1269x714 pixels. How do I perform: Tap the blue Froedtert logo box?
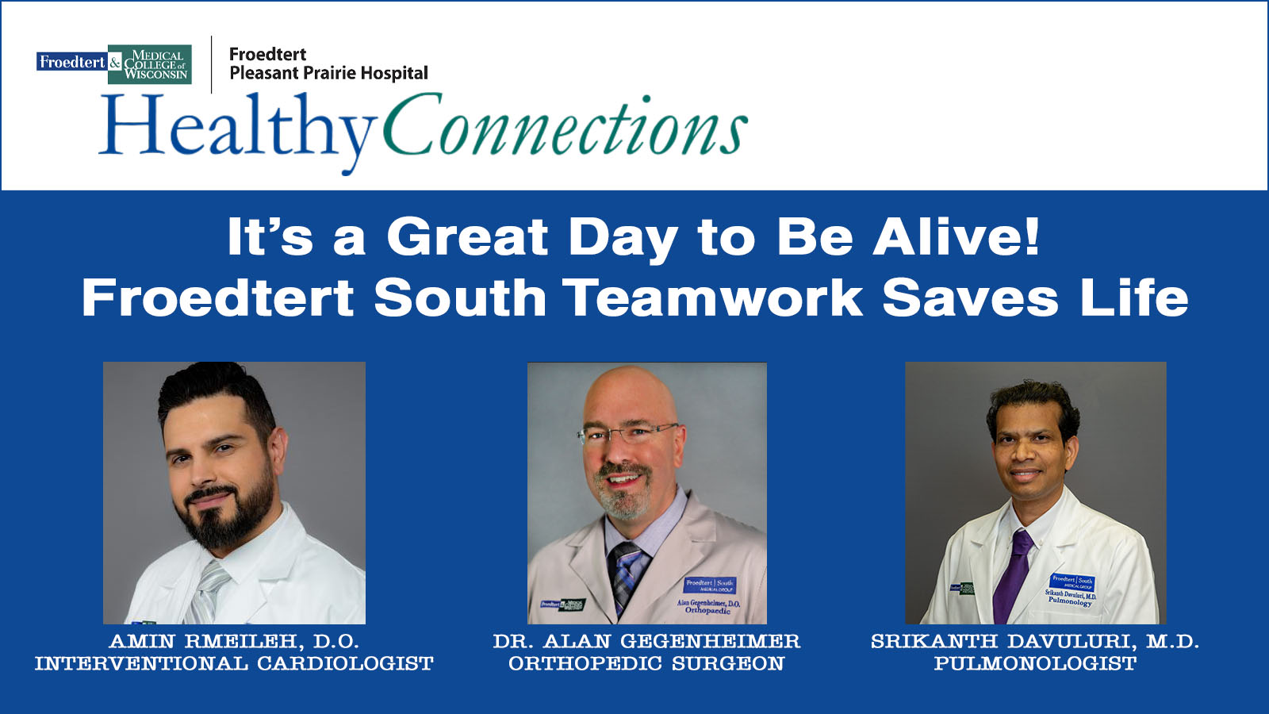(72, 62)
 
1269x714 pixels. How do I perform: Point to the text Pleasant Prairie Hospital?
(328, 74)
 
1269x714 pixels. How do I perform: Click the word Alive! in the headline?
(957, 237)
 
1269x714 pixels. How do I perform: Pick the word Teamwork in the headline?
(713, 297)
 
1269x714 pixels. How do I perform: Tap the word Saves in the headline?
(970, 297)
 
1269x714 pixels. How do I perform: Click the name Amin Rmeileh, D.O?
(234, 641)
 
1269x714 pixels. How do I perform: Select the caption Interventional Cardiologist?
(234, 663)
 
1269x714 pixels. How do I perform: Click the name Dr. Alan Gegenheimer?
(646, 641)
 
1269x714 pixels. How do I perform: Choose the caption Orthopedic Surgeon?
(646, 663)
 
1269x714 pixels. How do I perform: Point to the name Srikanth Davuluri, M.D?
(1035, 641)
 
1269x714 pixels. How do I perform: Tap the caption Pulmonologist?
(1035, 663)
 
